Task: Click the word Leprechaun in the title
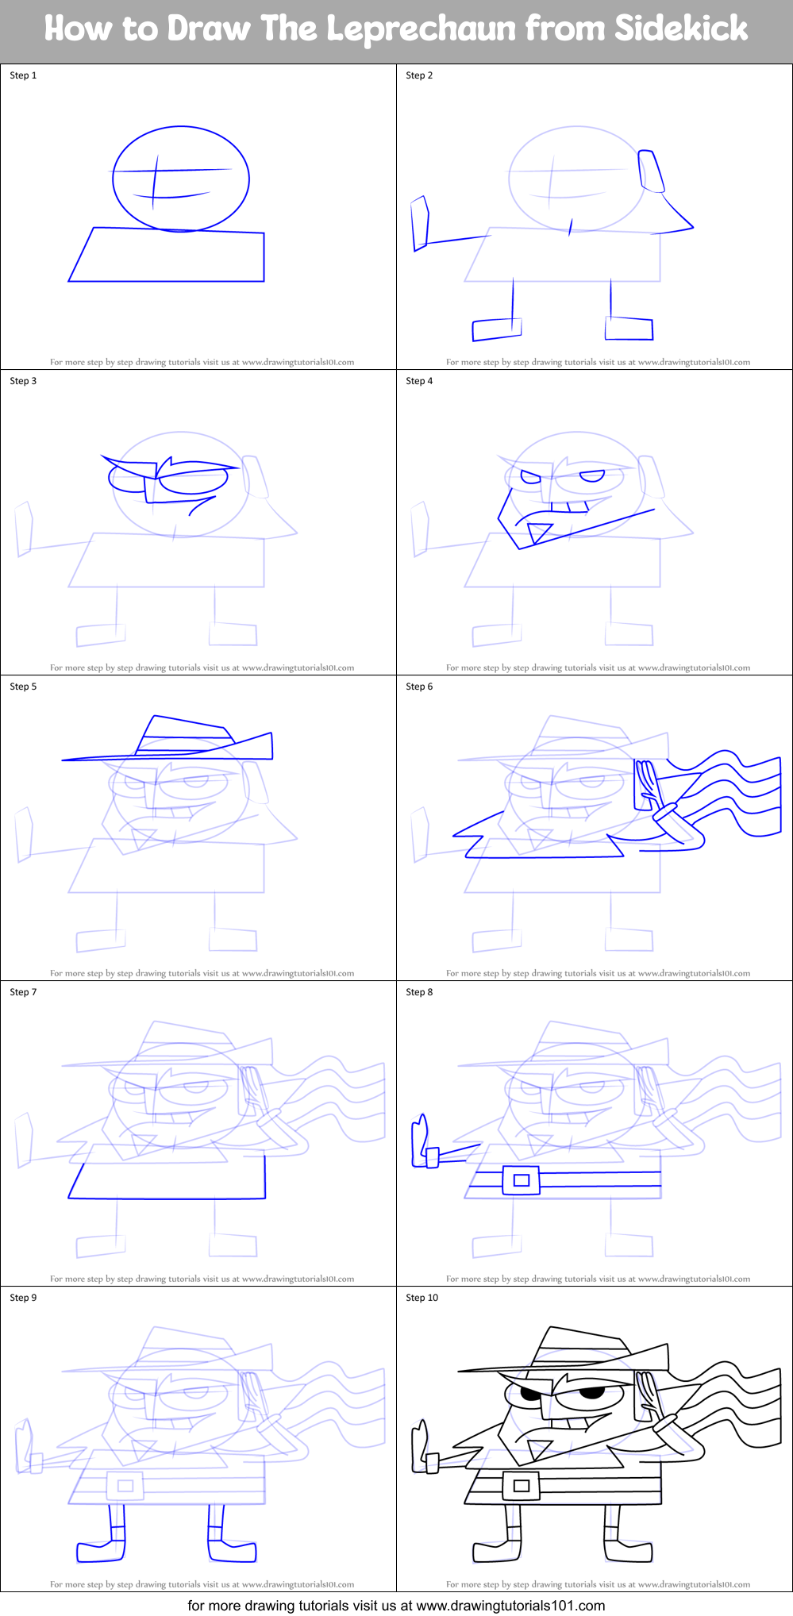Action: click(421, 29)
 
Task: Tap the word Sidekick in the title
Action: click(681, 29)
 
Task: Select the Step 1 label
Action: click(23, 75)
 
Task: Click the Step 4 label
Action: click(419, 381)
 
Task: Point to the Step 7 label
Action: click(23, 992)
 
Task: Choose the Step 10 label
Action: click(422, 1298)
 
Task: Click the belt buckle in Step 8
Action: click(521, 1180)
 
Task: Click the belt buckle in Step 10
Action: click(521, 1485)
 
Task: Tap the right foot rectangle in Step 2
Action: click(629, 328)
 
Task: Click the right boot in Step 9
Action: click(232, 1551)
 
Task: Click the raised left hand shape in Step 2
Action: click(420, 224)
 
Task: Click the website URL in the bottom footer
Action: click(510, 1606)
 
